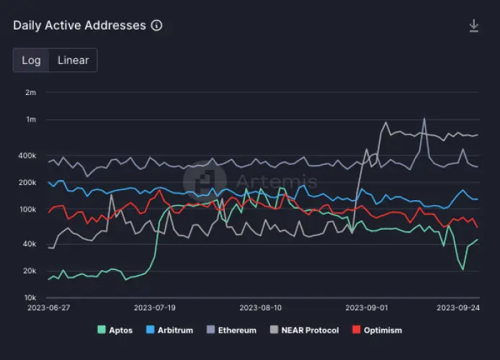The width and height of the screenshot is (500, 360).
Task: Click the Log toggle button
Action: pyautogui.click(x=31, y=60)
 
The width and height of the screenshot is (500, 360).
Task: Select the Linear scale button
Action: pyautogui.click(x=73, y=60)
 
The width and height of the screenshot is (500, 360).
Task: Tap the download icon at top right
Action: pyautogui.click(x=473, y=26)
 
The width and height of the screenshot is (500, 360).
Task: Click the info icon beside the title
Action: pyautogui.click(x=156, y=26)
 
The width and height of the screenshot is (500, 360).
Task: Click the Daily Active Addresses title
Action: pyautogui.click(x=79, y=26)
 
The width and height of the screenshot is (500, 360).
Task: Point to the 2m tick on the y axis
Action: pyautogui.click(x=30, y=92)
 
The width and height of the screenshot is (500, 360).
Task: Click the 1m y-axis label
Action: pyautogui.click(x=30, y=120)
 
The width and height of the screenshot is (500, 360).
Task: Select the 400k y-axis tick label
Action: pyautogui.click(x=27, y=156)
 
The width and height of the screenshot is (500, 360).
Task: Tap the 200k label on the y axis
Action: pyautogui.click(x=27, y=183)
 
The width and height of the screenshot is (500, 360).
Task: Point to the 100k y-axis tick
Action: pyautogui.click(x=27, y=210)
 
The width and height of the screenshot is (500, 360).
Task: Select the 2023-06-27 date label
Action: pyautogui.click(x=48, y=307)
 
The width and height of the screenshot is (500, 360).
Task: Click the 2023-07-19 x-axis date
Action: pyautogui.click(x=155, y=307)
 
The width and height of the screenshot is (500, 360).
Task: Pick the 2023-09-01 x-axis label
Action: pyautogui.click(x=367, y=307)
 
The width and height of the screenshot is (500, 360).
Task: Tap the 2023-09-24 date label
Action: pyautogui.click(x=458, y=307)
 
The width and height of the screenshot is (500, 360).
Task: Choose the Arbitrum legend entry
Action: pyautogui.click(x=170, y=330)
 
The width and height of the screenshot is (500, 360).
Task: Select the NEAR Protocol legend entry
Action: pyautogui.click(x=303, y=330)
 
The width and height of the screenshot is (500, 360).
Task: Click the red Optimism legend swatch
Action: pyautogui.click(x=356, y=330)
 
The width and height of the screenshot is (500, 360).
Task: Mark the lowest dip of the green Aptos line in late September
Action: pyautogui.click(x=463, y=269)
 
